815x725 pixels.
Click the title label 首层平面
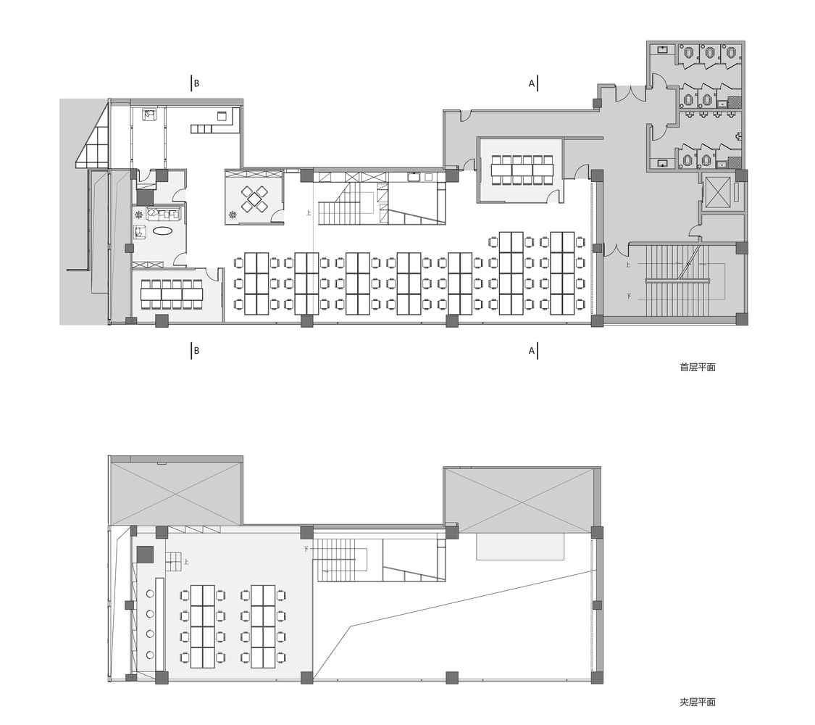pyautogui.click(x=697, y=368)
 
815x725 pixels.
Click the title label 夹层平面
pyautogui.click(x=697, y=702)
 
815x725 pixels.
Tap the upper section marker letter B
pyautogui.click(x=196, y=83)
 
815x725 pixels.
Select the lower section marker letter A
pyautogui.click(x=532, y=351)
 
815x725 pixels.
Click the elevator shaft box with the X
pyautogui.click(x=719, y=192)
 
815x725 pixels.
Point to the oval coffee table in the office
pyautogui.click(x=163, y=231)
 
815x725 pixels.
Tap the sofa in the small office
pyautogui.click(x=163, y=213)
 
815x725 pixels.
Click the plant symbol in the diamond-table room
pyautogui.click(x=233, y=214)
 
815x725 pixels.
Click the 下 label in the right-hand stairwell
pyautogui.click(x=629, y=296)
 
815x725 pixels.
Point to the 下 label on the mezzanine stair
pyautogui.click(x=307, y=550)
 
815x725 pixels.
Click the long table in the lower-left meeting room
pyautogui.click(x=172, y=294)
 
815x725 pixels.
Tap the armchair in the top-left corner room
pyautogui.click(x=150, y=115)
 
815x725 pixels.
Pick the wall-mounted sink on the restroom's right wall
pyautogui.click(x=738, y=136)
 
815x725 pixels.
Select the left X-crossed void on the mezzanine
pyautogui.click(x=175, y=490)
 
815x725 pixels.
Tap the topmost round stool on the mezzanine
pyautogui.click(x=150, y=594)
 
